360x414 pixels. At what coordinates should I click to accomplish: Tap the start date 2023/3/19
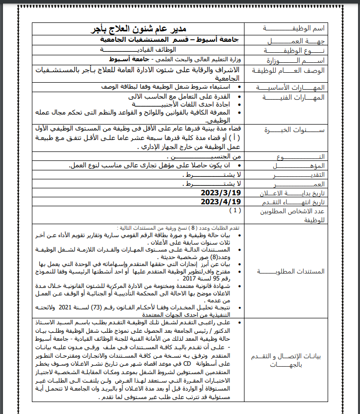221,192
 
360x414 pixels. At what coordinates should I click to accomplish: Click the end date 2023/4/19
221,201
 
